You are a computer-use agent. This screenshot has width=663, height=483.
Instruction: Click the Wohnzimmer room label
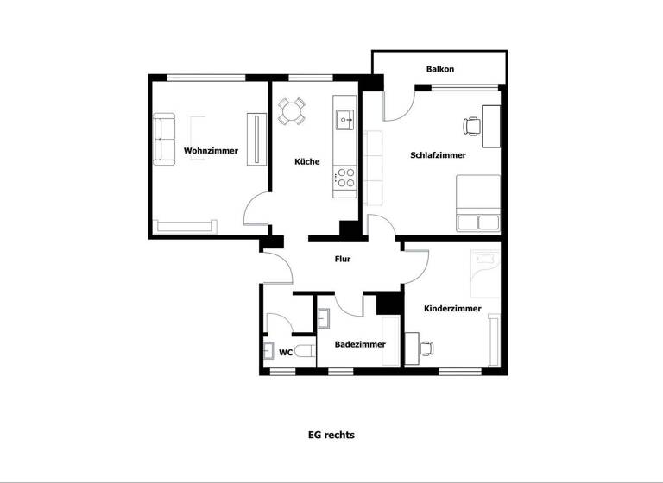pos(211,151)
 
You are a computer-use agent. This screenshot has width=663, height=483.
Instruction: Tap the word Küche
pos(306,161)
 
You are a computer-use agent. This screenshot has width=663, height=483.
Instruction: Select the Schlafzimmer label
pos(438,155)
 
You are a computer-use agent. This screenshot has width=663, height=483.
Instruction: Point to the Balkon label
pos(439,69)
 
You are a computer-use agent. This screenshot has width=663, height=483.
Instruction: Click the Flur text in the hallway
pos(343,258)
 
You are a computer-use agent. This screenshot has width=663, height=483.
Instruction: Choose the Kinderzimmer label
pos(452,309)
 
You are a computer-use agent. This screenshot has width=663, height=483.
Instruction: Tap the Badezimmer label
pos(360,344)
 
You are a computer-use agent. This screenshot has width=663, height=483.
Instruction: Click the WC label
pos(285,352)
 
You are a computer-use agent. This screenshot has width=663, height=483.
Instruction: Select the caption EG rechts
pos(331,436)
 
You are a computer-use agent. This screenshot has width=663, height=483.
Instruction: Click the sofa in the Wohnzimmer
pos(163,138)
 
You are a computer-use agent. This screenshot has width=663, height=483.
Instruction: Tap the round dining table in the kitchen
pos(291,111)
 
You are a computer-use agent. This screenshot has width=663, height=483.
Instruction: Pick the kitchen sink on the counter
pos(344,119)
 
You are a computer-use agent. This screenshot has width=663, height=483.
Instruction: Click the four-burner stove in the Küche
pos(344,178)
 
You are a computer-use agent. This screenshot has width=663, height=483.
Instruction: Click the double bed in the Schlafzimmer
pos(477,204)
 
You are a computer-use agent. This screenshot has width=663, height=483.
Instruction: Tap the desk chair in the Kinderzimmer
pos(426,348)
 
